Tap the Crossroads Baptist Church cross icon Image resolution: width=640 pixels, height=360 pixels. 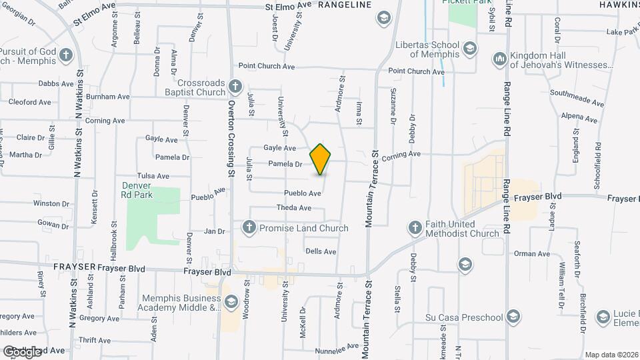click(x=234, y=86)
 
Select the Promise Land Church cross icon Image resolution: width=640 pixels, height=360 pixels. click(x=250, y=228)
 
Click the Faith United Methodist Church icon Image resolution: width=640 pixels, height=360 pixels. click(x=415, y=229)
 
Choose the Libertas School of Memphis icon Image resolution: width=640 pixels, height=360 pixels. click(x=470, y=49)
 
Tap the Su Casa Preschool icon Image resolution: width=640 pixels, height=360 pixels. click(x=513, y=315)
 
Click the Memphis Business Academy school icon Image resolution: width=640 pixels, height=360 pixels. click(x=231, y=303)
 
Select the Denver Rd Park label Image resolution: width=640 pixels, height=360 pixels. click(x=138, y=190)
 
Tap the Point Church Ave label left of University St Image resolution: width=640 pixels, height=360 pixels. click(x=267, y=67)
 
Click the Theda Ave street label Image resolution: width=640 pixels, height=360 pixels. click(x=294, y=208)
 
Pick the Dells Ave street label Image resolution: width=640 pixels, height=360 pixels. click(x=321, y=251)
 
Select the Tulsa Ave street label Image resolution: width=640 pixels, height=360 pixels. click(x=153, y=176)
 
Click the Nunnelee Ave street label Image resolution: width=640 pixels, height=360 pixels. click(x=338, y=348)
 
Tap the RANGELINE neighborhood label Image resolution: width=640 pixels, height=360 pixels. click(x=345, y=5)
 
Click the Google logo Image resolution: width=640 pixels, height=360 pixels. click(x=22, y=351)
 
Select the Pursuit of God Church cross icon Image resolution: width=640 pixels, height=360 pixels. click(x=65, y=55)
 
